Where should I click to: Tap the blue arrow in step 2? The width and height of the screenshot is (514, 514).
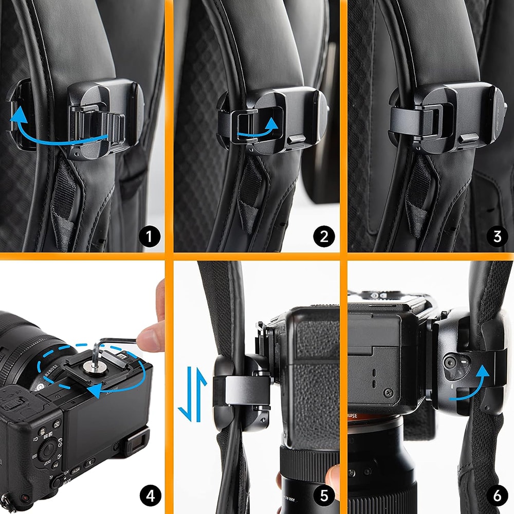(257, 130)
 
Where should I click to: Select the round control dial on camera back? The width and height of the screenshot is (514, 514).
(49, 450)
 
